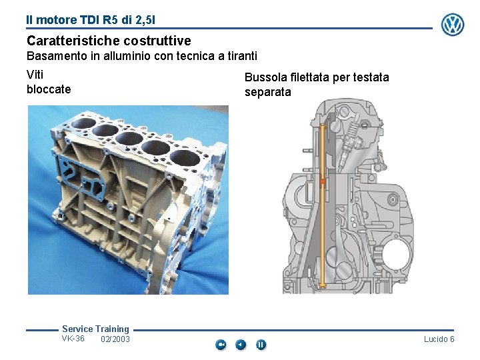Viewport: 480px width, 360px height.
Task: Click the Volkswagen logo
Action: [453, 25]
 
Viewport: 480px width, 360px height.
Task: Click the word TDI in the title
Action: [90, 20]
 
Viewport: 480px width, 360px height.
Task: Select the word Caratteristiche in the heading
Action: [75, 41]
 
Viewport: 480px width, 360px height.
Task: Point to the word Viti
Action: [35, 75]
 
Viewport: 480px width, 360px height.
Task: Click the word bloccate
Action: [49, 89]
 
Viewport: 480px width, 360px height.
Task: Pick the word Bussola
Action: [266, 77]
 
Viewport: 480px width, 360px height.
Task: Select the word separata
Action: [267, 92]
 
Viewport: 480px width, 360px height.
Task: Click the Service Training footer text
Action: [95, 329]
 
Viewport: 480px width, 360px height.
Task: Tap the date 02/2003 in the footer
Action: [115, 339]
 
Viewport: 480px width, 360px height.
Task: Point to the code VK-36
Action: [73, 339]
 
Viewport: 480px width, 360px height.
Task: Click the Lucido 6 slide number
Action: [439, 339]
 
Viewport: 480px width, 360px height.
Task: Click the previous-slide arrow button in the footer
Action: [241, 345]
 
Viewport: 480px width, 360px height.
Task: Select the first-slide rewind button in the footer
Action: [221, 345]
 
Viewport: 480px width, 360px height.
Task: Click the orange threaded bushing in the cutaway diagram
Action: [323, 181]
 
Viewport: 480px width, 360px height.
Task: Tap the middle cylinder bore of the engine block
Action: [129, 139]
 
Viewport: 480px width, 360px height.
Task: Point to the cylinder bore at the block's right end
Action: [185, 158]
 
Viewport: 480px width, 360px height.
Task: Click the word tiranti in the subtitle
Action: [242, 56]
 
